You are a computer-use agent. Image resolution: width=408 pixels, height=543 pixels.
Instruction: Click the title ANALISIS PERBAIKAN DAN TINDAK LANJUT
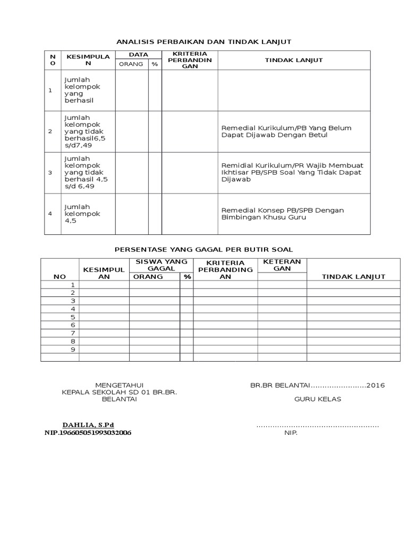coord(204,41)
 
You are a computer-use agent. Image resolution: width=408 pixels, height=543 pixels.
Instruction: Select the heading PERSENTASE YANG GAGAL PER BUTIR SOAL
coord(204,249)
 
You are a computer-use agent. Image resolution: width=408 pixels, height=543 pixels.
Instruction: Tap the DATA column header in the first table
coord(138,55)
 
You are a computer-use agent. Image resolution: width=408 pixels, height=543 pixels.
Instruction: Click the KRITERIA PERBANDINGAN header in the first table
coord(189,60)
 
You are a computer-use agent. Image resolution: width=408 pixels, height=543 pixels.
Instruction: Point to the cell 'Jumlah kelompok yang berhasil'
coord(82,90)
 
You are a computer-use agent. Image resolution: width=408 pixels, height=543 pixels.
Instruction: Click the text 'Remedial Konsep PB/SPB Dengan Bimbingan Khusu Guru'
coord(283,214)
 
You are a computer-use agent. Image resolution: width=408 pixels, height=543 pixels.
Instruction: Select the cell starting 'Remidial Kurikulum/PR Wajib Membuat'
coord(292,172)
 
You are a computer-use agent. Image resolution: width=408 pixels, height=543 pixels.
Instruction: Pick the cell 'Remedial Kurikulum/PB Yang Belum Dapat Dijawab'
coord(286,132)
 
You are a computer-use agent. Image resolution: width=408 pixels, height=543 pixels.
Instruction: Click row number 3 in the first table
coord(50,173)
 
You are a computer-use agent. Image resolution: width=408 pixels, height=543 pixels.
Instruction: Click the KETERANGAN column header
coord(282,265)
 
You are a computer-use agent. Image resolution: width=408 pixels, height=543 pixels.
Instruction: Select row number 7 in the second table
coord(73,333)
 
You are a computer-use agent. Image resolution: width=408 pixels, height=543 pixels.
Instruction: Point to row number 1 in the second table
coord(73,285)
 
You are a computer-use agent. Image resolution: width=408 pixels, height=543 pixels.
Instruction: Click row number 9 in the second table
coord(73,349)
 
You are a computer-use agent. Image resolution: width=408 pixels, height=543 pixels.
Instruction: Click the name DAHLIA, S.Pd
coord(88,425)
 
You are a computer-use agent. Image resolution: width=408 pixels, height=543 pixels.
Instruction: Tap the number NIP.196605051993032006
coord(88,433)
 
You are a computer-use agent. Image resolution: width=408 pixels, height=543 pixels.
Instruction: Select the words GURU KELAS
coord(318,399)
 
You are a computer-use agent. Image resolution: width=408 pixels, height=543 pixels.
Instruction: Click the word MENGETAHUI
coord(119,385)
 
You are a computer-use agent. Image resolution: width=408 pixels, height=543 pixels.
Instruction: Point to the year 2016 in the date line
coord(376,385)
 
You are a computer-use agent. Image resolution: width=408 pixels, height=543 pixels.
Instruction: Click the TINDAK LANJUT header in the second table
coord(353,276)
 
